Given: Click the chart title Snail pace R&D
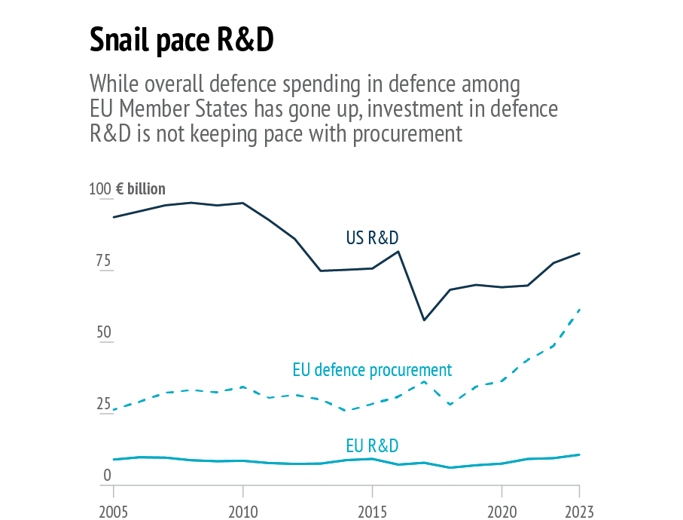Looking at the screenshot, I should [181, 41].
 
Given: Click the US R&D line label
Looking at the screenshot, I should [372, 238].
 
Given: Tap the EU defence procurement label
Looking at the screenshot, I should [372, 370].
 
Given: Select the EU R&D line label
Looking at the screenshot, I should [372, 445].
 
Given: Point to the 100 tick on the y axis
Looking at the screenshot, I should [100, 189].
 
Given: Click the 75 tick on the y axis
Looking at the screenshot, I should [102, 262].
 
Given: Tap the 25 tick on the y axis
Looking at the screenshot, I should [102, 404].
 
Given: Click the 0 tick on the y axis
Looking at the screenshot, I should [107, 476].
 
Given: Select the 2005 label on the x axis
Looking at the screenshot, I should [114, 512].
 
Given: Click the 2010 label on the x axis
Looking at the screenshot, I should [243, 512].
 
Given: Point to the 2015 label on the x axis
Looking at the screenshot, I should [372, 512].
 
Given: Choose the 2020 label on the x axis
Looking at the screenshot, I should [502, 512].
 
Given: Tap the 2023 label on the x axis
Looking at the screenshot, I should [578, 512].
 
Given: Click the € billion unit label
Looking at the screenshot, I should [141, 189].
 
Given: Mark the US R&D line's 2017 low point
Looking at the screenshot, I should [424, 320].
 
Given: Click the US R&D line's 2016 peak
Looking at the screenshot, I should [398, 251].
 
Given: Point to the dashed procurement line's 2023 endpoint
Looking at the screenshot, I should [579, 309].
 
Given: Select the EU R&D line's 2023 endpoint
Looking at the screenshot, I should [579, 454].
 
